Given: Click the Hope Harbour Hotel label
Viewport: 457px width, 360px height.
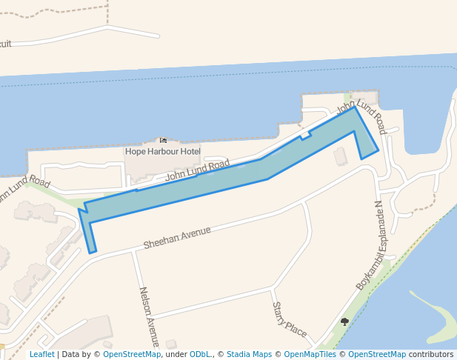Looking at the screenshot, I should click(x=162, y=151).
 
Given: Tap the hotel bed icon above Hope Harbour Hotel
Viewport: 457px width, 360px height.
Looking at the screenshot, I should click(x=163, y=140).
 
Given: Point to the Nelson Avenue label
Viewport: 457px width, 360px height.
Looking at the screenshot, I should click(x=148, y=318).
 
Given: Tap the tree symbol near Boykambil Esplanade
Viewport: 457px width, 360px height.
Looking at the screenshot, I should click(x=344, y=321).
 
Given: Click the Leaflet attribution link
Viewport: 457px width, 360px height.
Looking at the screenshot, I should click(x=41, y=355).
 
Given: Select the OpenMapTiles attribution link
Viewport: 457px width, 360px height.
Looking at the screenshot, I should click(x=312, y=355).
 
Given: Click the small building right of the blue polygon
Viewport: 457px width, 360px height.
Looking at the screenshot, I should click(x=340, y=156).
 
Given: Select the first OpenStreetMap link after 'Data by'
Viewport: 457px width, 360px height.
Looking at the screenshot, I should click(x=132, y=355).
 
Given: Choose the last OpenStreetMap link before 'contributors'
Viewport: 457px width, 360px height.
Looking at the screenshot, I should click(x=377, y=355).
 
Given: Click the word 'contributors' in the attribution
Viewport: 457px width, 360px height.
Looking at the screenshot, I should click(x=431, y=355).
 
